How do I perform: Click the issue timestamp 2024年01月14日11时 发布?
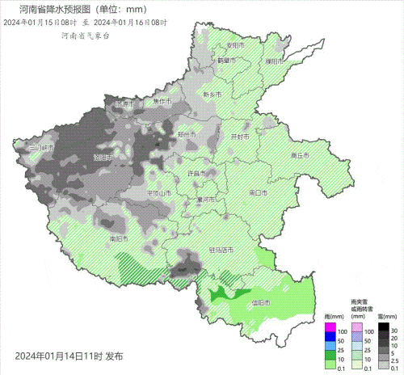click(x=69, y=356)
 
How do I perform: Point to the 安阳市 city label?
click(x=234, y=45)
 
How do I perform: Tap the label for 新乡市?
click(x=213, y=95)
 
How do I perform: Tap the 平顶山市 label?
click(x=159, y=193)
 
